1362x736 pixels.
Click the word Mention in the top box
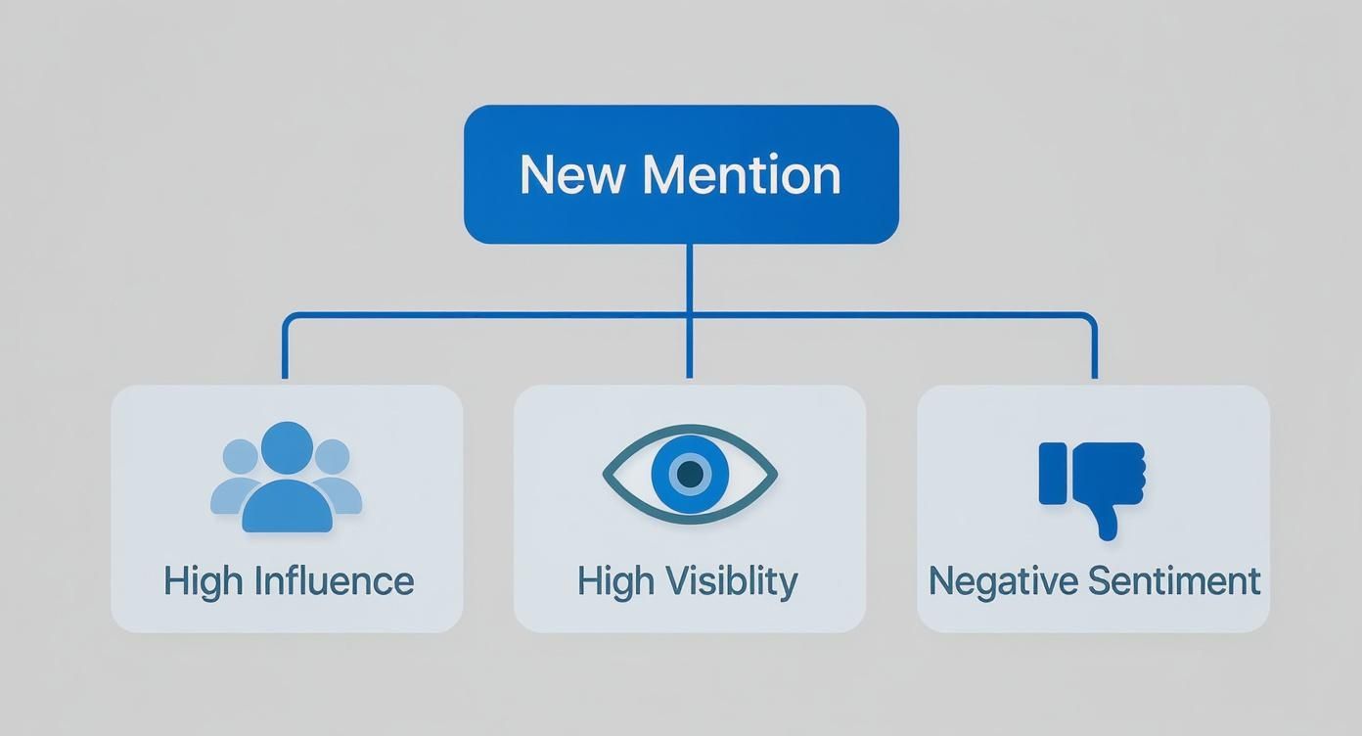pyautogui.click(x=742, y=174)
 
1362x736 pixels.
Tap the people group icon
pyautogui.click(x=287, y=477)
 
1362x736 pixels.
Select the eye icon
pyautogui.click(x=690, y=474)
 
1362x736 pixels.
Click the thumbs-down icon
pyautogui.click(x=1093, y=485)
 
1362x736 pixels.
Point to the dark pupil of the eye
pyautogui.click(x=690, y=474)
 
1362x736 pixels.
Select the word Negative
pyautogui.click(x=995, y=581)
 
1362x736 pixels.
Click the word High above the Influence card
pyautogui.click(x=203, y=580)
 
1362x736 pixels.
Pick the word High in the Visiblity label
pyautogui.click(x=615, y=581)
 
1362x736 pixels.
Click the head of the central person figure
pyautogui.click(x=287, y=448)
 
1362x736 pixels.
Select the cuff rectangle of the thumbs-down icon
pyautogui.click(x=1052, y=473)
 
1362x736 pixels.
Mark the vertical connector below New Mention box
pyautogui.click(x=690, y=279)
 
